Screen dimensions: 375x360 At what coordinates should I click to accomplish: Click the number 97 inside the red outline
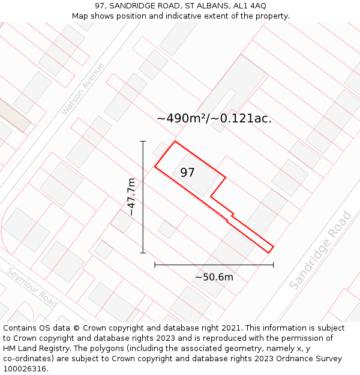[187, 173]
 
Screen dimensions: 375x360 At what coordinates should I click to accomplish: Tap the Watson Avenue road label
[83, 89]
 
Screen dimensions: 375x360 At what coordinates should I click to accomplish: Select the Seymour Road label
[32, 287]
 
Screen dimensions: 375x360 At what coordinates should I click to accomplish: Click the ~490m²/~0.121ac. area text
[214, 118]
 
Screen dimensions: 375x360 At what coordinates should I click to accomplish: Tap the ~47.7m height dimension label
[131, 197]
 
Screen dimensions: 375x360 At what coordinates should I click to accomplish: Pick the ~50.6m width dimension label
[214, 277]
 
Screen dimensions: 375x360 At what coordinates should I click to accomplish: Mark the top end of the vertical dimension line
[143, 142]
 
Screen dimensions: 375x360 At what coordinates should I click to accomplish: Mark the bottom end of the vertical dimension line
[143, 253]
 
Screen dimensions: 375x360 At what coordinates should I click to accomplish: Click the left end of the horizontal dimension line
[155, 265]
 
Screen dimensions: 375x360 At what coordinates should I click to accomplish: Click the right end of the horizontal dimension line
[274, 265]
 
